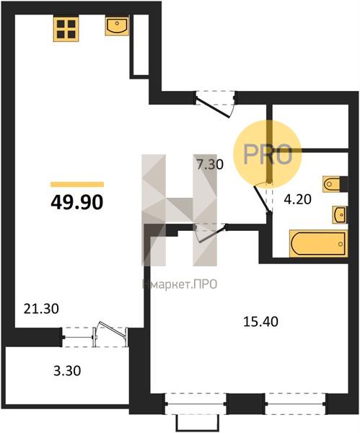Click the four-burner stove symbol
[x=66, y=30]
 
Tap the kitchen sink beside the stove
[x=117, y=25]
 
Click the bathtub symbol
[x=319, y=244]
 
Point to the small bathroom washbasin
[x=340, y=214]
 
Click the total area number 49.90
[x=77, y=202]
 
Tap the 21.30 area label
[x=41, y=308]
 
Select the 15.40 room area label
[x=260, y=322]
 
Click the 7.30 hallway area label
[x=209, y=165]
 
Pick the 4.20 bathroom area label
[x=298, y=199]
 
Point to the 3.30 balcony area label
[x=67, y=371]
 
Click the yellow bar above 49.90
[x=77, y=185]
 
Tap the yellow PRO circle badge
[x=267, y=154]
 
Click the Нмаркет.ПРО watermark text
[x=180, y=284]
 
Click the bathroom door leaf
[x=261, y=199]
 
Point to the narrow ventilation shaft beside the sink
[x=139, y=45]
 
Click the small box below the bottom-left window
[x=198, y=422]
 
